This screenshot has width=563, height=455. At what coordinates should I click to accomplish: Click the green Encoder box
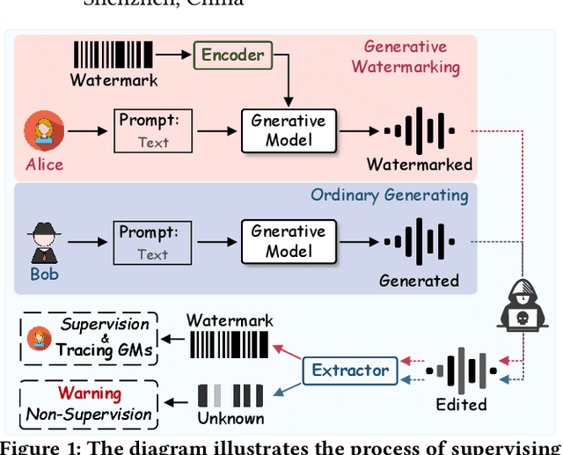tap(232, 55)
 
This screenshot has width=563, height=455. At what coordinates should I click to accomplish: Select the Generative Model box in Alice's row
tap(288, 131)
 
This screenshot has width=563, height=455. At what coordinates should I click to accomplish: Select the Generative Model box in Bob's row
tap(288, 240)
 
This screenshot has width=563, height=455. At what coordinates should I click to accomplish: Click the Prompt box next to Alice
tap(152, 131)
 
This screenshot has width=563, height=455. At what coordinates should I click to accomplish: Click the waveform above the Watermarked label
tap(419, 131)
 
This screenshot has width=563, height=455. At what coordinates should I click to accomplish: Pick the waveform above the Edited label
tap(461, 371)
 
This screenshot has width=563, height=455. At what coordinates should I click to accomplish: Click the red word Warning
tap(89, 393)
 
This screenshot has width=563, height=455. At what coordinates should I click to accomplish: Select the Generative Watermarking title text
tap(406, 57)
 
